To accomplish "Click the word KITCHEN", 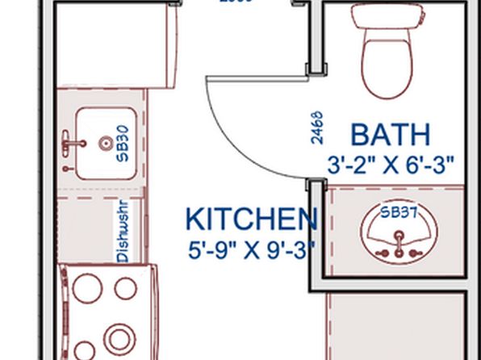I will tap(251, 220).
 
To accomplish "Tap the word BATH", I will tap(390, 135).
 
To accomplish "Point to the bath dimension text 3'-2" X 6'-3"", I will tap(391, 165).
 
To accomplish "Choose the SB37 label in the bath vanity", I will tap(399, 214).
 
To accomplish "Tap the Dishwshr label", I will tap(123, 232).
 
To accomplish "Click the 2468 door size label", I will tap(317, 127).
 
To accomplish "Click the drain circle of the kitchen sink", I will tap(105, 144).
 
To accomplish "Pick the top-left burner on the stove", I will tap(86, 287).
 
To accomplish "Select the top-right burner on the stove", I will tap(125, 287).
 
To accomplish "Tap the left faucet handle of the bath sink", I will tap(379, 251).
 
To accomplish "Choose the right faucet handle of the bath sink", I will tap(415, 251).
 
